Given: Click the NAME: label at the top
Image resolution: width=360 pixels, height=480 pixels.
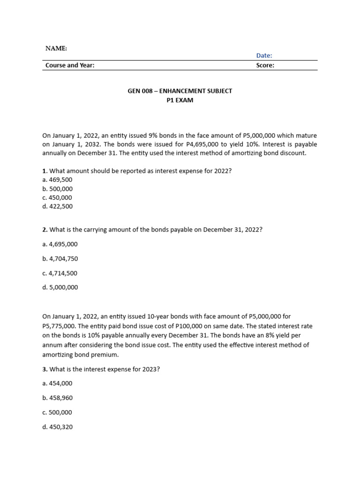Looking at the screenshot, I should click(x=56, y=48).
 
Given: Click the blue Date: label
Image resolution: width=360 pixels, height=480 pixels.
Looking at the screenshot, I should click(x=264, y=55).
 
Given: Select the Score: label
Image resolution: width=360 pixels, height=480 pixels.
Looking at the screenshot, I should click(x=265, y=65).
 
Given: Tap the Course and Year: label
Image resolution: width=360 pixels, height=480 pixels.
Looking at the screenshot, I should click(x=70, y=65).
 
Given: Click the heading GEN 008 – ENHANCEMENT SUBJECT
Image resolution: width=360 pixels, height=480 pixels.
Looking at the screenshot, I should click(x=180, y=91).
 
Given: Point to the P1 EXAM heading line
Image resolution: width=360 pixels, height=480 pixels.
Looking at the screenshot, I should click(x=180, y=100).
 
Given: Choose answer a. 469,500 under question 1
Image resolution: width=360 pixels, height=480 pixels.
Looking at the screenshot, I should click(x=57, y=180).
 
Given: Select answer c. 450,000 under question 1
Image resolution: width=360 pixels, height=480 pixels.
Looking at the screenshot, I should click(x=57, y=197).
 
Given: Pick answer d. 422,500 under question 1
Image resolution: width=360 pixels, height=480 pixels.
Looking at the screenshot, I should click(x=57, y=206).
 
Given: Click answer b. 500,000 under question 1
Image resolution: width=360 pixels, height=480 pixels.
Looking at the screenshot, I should click(x=57, y=189).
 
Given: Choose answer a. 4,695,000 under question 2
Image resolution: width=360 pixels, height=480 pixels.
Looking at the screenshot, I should click(x=60, y=244).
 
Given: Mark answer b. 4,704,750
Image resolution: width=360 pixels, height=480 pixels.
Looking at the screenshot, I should click(x=60, y=259).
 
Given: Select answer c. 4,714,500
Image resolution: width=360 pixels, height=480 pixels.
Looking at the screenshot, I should click(x=60, y=273).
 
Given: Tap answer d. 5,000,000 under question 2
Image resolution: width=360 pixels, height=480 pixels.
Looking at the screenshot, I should click(x=60, y=287).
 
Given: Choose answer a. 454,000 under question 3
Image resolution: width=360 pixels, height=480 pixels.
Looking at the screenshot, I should click(x=57, y=383).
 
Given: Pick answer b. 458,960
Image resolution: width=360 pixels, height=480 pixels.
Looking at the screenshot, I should click(x=57, y=398).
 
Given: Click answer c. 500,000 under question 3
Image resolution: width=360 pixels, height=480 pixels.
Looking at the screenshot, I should click(x=57, y=412).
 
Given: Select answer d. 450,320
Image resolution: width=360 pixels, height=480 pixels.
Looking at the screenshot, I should click(x=57, y=427).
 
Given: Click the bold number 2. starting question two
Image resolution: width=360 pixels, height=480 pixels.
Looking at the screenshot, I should click(x=45, y=230).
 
